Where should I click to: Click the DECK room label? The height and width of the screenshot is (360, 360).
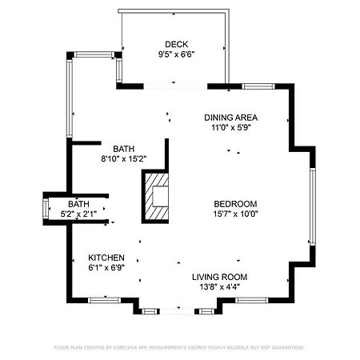(x=176, y=44)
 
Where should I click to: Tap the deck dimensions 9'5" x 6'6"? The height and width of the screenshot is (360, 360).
(x=176, y=54)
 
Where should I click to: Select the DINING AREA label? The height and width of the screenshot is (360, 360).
(x=231, y=118)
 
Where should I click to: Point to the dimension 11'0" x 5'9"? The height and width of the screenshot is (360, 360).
(x=231, y=127)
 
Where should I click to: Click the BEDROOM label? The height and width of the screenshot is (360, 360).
(x=235, y=204)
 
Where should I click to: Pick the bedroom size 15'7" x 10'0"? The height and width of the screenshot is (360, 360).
(x=236, y=214)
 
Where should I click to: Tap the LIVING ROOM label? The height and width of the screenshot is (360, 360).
(x=219, y=277)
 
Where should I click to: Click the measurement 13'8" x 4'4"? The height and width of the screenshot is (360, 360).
(x=219, y=287)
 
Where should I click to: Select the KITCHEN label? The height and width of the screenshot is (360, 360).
(x=106, y=258)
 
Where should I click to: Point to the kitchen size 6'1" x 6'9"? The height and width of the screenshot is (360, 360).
(x=106, y=267)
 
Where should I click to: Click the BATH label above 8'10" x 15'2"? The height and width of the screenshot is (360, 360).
(x=124, y=149)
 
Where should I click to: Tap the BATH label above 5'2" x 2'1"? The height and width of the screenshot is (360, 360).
(x=78, y=204)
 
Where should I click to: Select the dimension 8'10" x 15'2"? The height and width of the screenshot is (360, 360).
(x=124, y=159)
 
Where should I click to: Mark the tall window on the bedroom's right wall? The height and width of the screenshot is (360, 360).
(x=313, y=206)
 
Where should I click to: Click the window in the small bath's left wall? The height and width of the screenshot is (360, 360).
(x=46, y=209)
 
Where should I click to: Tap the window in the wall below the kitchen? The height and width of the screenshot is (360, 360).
(x=104, y=300)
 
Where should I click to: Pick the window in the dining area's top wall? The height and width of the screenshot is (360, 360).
(x=258, y=86)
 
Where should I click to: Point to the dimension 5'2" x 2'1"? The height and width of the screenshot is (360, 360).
(x=78, y=214)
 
